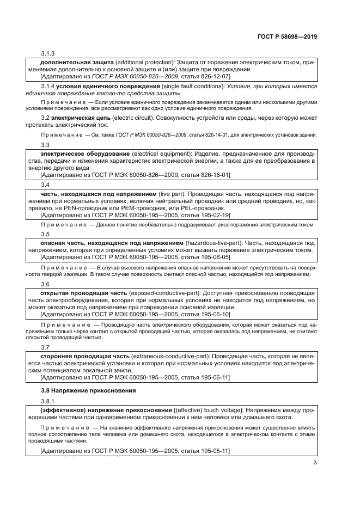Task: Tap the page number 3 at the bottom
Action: pyautogui.click(x=315, y=463)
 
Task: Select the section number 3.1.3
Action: pyautogui.click(x=48, y=54)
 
